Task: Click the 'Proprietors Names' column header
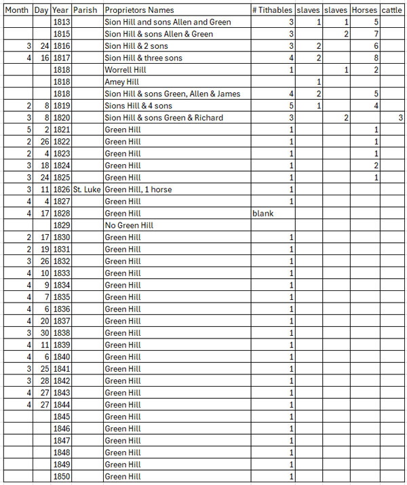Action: point(139,10)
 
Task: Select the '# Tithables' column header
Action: point(273,10)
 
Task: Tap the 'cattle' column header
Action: point(391,10)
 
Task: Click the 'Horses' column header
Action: point(364,10)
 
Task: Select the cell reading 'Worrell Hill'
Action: point(126,70)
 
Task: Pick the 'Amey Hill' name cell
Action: point(123,82)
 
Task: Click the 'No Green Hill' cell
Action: point(129,225)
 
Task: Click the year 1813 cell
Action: point(61,22)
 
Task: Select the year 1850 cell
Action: point(61,477)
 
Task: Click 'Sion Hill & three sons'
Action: point(143,58)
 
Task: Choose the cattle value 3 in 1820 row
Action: point(400,118)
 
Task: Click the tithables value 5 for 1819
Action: point(291,106)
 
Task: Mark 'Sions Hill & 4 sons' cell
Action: point(138,106)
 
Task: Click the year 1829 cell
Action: point(61,225)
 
